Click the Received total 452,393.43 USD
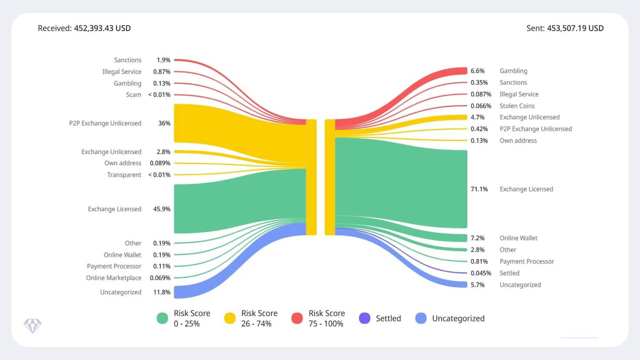coord(84,28)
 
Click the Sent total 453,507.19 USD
coord(565,28)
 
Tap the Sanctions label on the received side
coord(127,60)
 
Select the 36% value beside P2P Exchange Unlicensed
coord(164,123)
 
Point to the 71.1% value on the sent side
coord(479,189)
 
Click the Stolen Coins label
coord(517,106)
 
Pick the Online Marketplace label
coord(113,278)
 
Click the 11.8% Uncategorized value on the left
coord(162,292)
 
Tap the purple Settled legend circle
coord(364,318)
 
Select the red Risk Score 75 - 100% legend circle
coord(297,318)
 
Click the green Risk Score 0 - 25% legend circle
coord(162,318)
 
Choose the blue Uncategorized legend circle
coord(421,318)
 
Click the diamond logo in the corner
coord(33,326)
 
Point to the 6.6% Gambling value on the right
coord(477,71)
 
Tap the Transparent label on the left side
coord(124,175)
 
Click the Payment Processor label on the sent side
coord(526,262)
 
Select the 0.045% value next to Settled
coord(481,273)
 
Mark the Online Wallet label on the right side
coord(518,238)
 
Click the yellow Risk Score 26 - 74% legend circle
coord(230,318)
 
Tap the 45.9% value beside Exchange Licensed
coord(162,209)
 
